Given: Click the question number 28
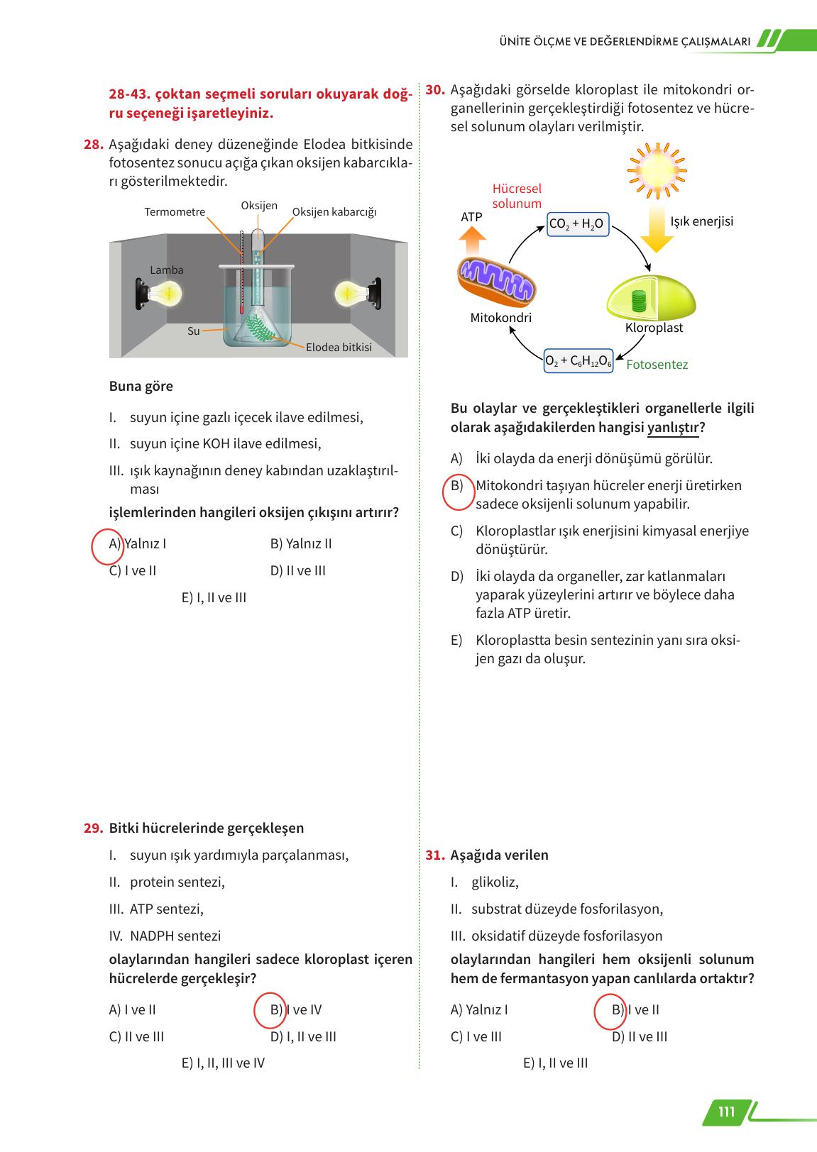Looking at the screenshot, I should [93, 145].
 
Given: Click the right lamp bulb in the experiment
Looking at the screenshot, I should [350, 292].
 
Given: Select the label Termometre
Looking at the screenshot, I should [175, 212].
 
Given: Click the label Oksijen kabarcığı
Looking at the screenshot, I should [334, 212].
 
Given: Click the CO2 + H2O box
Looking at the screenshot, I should [576, 225].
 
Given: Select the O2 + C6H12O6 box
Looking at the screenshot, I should [578, 361].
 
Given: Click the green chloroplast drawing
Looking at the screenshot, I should [650, 298].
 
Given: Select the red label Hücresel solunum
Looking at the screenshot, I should [517, 196].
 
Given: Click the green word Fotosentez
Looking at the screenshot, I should [657, 365].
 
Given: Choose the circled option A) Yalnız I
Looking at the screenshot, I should [138, 544].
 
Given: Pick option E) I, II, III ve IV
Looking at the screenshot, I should [223, 1063].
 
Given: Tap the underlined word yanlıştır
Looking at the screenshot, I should [673, 428].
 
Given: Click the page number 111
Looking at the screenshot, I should [726, 1112].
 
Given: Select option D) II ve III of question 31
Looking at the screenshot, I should [640, 1036].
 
